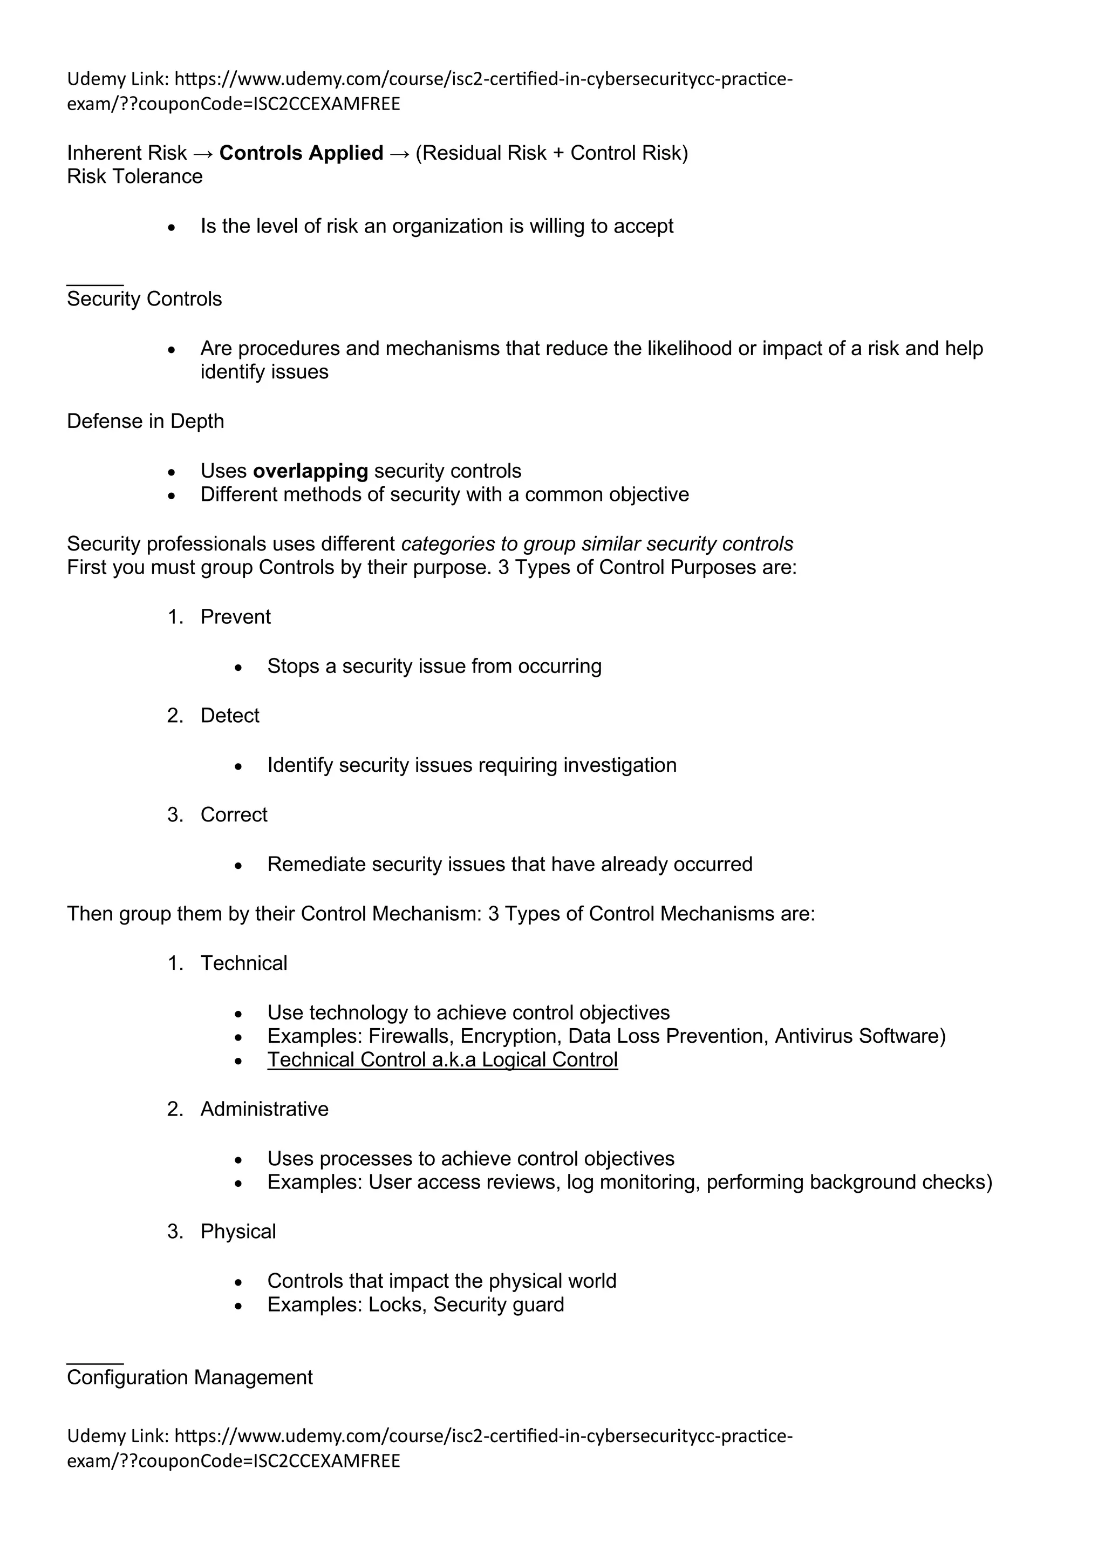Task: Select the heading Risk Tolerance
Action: (135, 177)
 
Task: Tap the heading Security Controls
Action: (144, 300)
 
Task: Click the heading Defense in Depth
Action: (145, 422)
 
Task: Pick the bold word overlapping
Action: (310, 471)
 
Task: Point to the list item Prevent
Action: (235, 617)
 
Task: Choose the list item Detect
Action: (229, 716)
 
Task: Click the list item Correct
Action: (234, 815)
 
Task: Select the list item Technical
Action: (243, 963)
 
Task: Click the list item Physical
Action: (238, 1232)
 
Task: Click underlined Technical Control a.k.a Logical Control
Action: (442, 1060)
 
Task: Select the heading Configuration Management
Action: (189, 1377)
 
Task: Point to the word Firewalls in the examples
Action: (411, 1036)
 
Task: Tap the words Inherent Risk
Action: (127, 153)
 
